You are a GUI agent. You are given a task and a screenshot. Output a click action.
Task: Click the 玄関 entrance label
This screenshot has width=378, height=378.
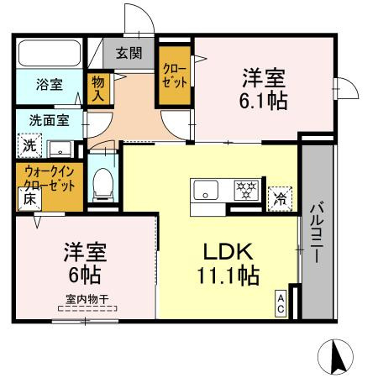pyautogui.click(x=129, y=54)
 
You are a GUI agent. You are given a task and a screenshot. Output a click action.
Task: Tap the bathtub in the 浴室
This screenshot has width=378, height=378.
pyautogui.click(x=48, y=55)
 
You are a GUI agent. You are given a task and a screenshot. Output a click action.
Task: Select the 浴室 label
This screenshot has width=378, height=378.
pyautogui.click(x=48, y=85)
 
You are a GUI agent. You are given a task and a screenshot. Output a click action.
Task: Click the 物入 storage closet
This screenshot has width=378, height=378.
pyautogui.click(x=99, y=87)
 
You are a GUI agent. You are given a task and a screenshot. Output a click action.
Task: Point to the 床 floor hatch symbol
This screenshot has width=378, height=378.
pyautogui.click(x=28, y=201)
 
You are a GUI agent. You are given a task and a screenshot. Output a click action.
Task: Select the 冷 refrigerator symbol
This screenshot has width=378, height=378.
pyautogui.click(x=278, y=199)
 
